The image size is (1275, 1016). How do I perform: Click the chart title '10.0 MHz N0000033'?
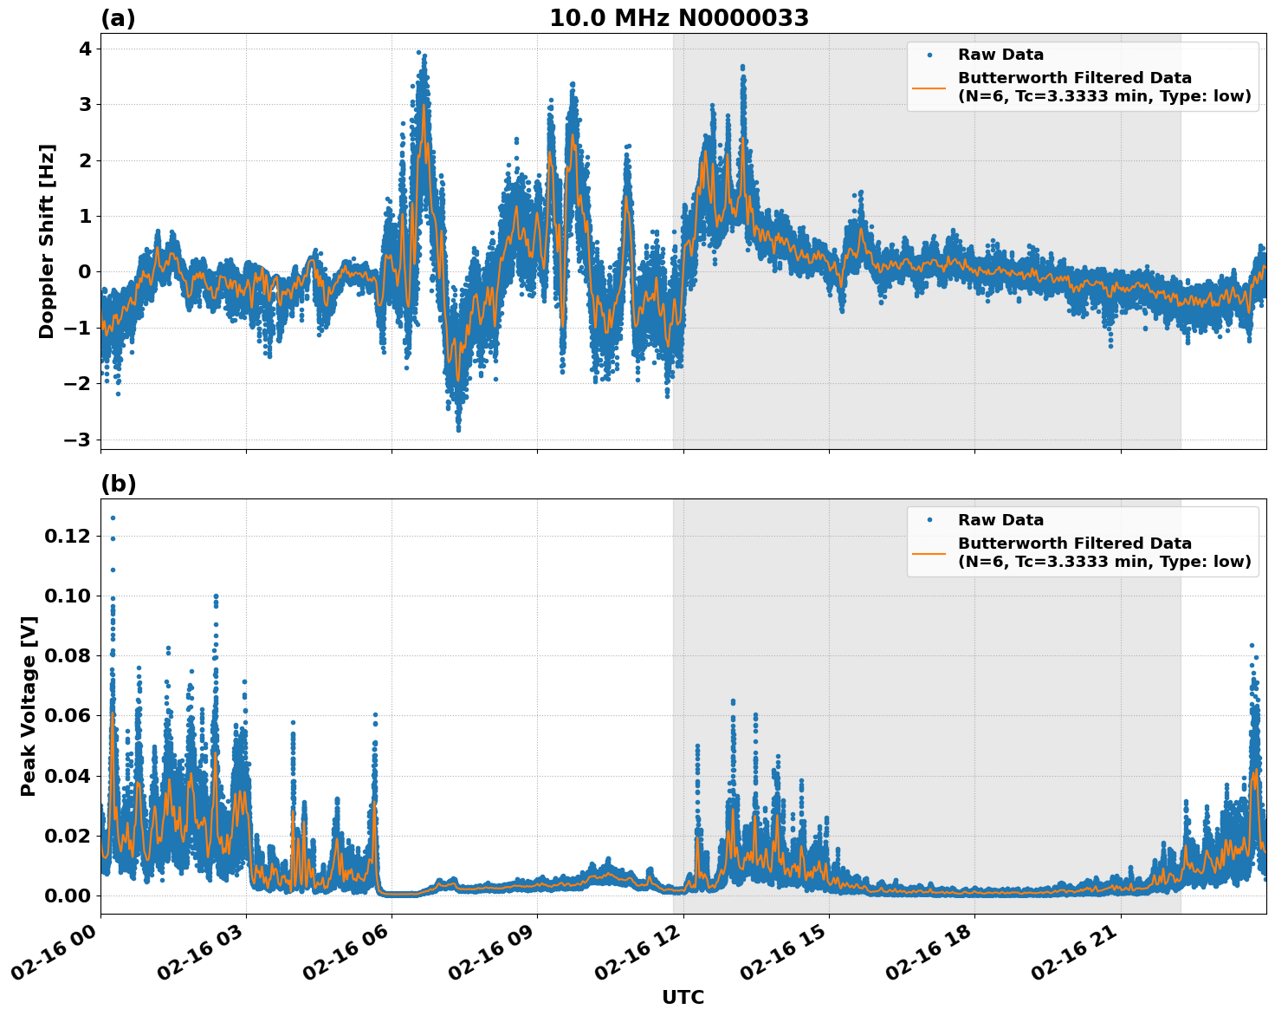(678, 18)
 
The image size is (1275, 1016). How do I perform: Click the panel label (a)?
(118, 18)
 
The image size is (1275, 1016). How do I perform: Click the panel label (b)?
(118, 484)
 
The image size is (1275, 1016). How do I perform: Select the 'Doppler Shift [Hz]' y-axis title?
(47, 241)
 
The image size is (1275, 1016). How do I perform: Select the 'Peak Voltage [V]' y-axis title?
(29, 706)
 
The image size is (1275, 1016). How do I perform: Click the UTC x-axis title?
(683, 997)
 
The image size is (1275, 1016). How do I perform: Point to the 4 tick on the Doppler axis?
(84, 49)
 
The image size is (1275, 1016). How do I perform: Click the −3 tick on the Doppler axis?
(78, 440)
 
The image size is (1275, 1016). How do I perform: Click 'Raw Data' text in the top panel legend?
(1000, 55)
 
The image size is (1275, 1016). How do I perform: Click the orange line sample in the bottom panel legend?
(929, 552)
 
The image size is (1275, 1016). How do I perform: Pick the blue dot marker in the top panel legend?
(929, 55)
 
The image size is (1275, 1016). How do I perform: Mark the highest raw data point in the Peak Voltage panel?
(113, 518)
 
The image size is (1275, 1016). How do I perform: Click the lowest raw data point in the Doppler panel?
(458, 429)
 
